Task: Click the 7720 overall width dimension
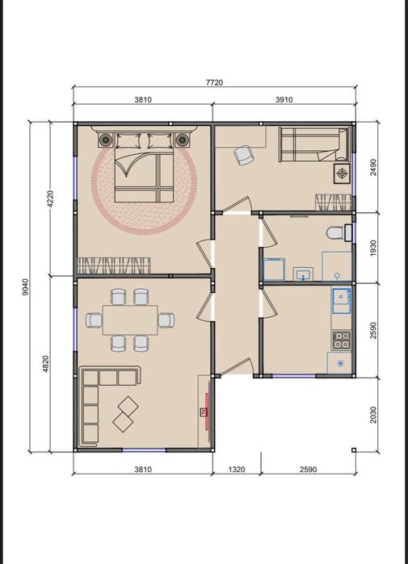click(x=214, y=82)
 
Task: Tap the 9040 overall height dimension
click(x=25, y=286)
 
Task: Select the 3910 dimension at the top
click(x=284, y=99)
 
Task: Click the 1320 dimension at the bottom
click(x=237, y=470)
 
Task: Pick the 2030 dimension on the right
click(x=373, y=415)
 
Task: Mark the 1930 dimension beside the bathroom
click(x=373, y=249)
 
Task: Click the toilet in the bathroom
click(x=339, y=232)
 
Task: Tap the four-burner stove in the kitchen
click(x=341, y=340)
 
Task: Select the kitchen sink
click(x=341, y=301)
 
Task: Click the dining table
click(x=130, y=320)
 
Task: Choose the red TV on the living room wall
click(x=206, y=412)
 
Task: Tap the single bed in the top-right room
click(x=314, y=144)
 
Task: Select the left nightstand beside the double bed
click(x=105, y=140)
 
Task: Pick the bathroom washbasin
click(x=303, y=274)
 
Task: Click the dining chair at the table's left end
click(x=94, y=320)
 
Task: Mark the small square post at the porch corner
click(x=354, y=449)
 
